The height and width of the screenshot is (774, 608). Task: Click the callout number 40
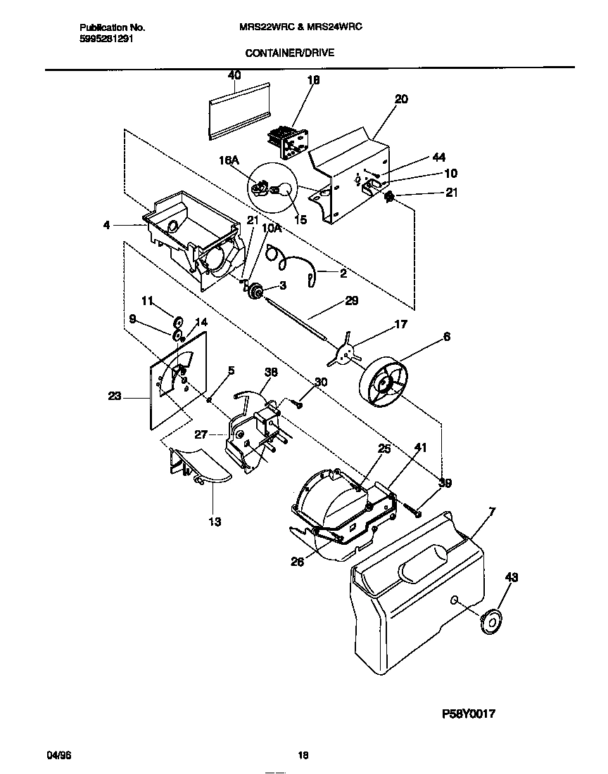(234, 75)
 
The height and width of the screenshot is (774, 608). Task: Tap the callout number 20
(400, 100)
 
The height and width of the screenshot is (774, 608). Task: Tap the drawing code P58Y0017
(469, 714)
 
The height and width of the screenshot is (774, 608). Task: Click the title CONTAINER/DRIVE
(289, 52)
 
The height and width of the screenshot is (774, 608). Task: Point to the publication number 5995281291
(105, 39)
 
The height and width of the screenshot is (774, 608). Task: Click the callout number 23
(115, 396)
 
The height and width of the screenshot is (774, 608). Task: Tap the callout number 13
(214, 522)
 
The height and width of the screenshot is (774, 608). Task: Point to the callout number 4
(106, 226)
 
